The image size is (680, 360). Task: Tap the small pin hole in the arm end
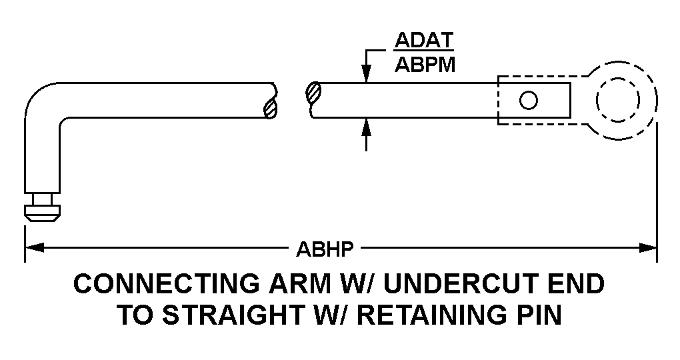tap(529, 101)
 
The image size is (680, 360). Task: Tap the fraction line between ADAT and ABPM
tap(424, 52)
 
